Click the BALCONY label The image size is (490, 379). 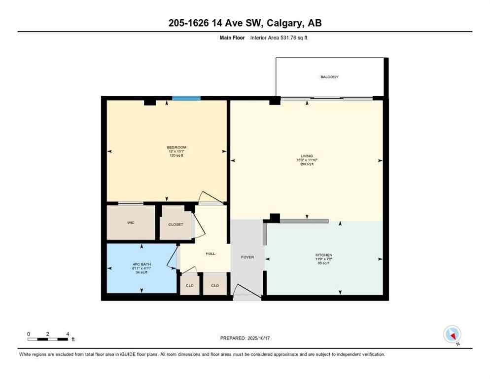(329, 77)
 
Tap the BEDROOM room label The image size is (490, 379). (176, 148)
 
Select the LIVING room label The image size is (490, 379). (307, 156)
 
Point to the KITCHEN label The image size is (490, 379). (324, 255)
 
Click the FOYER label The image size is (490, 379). (247, 257)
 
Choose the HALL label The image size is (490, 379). (210, 254)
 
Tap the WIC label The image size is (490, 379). (131, 223)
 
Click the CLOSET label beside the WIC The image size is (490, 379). (175, 225)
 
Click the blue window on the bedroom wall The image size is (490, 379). (186, 98)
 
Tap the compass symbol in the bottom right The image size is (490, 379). (452, 335)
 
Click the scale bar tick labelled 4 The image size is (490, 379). (67, 334)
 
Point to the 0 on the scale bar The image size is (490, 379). (29, 334)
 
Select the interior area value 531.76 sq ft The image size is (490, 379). (295, 38)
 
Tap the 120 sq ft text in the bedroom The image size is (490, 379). (176, 155)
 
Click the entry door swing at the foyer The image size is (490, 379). (246, 293)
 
